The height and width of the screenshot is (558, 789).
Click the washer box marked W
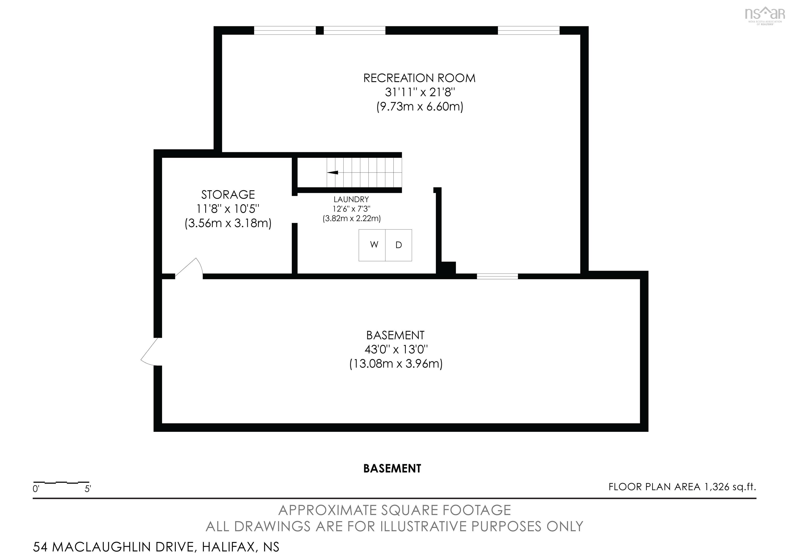372,245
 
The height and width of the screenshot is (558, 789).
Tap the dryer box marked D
399,245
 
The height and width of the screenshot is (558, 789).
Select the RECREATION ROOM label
419,78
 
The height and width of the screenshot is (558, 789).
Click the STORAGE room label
228,195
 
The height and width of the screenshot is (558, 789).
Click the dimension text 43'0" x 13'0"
396,350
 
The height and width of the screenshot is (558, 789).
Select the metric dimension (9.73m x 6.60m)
420,107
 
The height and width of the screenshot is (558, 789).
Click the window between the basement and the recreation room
497,276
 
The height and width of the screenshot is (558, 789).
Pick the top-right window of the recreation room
529,31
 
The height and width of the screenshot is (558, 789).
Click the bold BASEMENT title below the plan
392,469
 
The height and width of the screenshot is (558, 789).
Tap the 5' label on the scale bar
88,489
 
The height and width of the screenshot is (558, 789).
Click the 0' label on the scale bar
36,489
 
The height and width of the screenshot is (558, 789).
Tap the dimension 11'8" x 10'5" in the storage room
228,209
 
